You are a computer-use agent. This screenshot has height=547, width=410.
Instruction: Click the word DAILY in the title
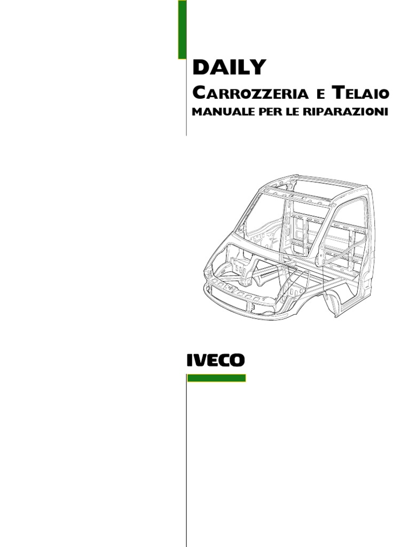pyautogui.click(x=228, y=68)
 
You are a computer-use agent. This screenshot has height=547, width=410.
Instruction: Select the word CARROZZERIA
pyautogui.click(x=250, y=93)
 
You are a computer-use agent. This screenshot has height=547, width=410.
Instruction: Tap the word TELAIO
pyautogui.click(x=361, y=93)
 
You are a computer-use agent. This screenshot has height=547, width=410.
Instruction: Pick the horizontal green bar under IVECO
pyautogui.click(x=216, y=378)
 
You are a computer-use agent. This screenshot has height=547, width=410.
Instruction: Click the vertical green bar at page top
pyautogui.click(x=182, y=29)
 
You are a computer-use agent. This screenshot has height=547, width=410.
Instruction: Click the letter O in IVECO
pyautogui.click(x=237, y=361)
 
